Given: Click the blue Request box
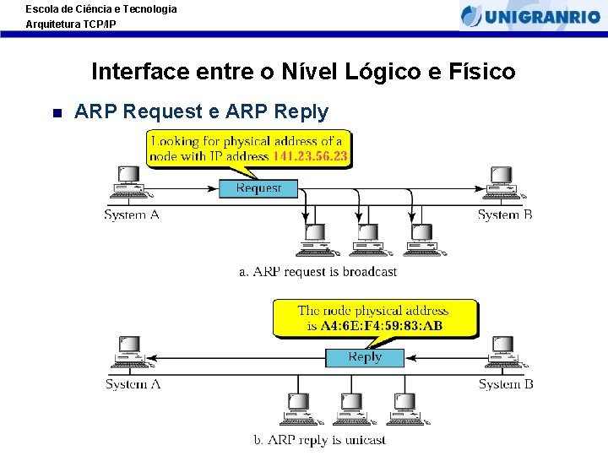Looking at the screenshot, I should pyautogui.click(x=258, y=188).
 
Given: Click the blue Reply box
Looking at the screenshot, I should pyautogui.click(x=365, y=357).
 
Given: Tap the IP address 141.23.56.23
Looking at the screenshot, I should pyautogui.click(x=310, y=156).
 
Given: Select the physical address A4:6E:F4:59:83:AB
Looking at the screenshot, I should pyautogui.click(x=382, y=326).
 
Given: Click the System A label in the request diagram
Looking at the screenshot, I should pyautogui.click(x=132, y=214).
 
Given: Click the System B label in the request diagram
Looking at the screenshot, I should pyautogui.click(x=505, y=214).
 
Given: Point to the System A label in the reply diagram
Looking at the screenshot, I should pyautogui.click(x=133, y=384).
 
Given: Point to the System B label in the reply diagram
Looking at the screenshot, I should pyautogui.click(x=506, y=384).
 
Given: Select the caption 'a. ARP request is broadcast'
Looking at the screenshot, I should pyautogui.click(x=318, y=272).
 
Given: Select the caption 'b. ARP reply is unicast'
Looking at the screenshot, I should pyautogui.click(x=320, y=440).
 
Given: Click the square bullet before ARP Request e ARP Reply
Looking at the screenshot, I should pyautogui.click(x=57, y=112).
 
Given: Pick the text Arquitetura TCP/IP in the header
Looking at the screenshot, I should pyautogui.click(x=71, y=24).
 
